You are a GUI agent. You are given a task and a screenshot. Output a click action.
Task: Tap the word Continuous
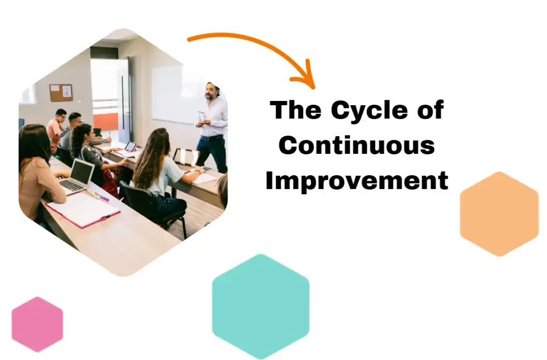click(356, 145)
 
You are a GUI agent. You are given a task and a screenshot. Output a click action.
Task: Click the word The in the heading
click(295, 111)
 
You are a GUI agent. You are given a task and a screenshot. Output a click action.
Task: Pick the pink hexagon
click(37, 324)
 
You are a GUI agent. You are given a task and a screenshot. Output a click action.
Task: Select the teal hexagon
click(260, 306)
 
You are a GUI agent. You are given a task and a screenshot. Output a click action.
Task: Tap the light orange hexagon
click(499, 214)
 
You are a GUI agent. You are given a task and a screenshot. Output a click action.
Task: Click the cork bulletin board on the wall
click(61, 93)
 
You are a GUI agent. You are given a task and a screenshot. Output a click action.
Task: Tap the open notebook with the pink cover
click(83, 209)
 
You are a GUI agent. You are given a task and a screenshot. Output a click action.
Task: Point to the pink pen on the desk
click(101, 197)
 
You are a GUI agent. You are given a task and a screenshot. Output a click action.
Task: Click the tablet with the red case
click(129, 147)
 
